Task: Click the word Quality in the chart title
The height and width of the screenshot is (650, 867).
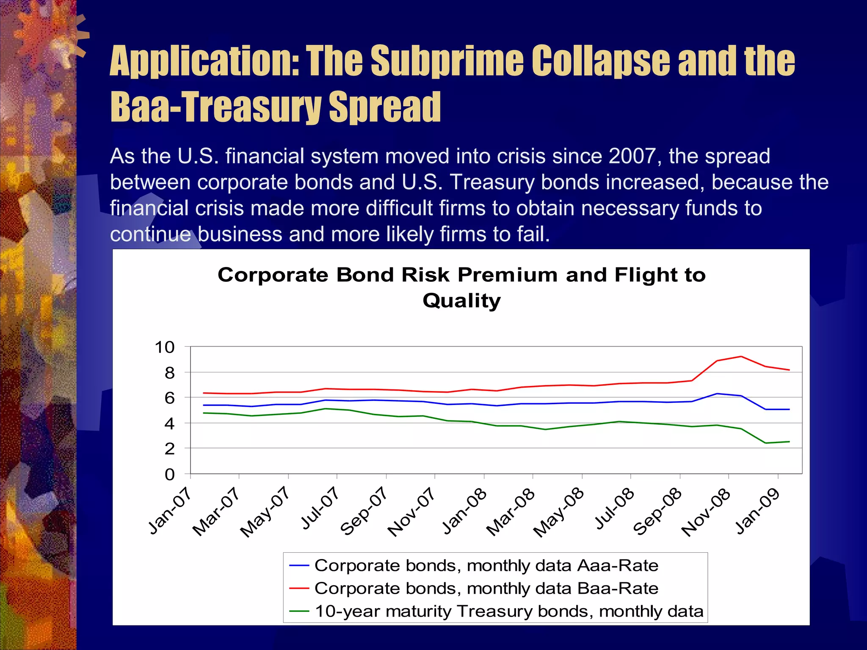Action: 461,301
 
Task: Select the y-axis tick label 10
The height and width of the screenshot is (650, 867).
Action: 165,347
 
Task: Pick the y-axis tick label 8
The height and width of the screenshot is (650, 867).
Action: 169,373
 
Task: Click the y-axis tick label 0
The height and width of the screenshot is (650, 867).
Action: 169,474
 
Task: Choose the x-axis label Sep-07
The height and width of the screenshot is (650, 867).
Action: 364,511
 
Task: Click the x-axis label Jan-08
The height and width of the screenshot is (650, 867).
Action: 464,511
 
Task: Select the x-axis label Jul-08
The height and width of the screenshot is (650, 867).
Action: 614,509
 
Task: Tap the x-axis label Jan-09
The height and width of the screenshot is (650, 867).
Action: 758,511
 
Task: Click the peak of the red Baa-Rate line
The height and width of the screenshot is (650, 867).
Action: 741,356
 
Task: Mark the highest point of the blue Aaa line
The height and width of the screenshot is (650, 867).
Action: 717,394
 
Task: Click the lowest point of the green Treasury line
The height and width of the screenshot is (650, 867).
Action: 765,443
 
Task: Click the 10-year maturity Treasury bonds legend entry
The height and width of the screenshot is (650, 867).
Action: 508,611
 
